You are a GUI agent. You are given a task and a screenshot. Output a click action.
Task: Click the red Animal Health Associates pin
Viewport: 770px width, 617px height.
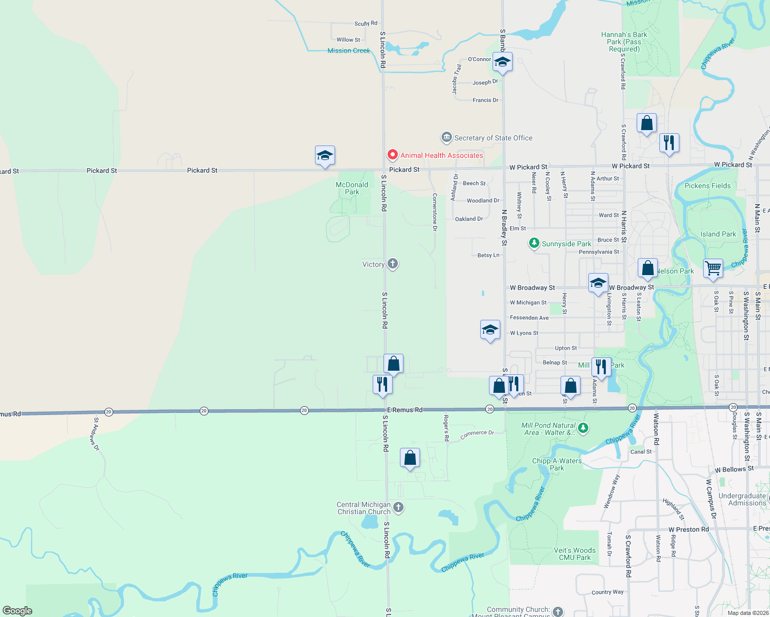coord(393,155)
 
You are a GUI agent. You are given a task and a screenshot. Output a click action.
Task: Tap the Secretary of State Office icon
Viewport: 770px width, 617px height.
coord(446,137)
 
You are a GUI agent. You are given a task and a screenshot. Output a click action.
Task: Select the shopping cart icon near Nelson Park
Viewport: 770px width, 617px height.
coord(713,268)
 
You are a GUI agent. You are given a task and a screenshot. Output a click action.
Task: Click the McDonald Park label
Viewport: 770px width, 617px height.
coord(352,188)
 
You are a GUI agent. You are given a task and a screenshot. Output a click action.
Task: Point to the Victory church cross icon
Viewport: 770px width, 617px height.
coord(393,264)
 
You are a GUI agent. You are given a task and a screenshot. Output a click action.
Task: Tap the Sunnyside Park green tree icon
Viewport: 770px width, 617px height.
coord(534,243)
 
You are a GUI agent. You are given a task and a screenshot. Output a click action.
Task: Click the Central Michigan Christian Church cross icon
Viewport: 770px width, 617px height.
coord(398,508)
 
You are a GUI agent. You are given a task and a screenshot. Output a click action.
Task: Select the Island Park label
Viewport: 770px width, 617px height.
coord(718,234)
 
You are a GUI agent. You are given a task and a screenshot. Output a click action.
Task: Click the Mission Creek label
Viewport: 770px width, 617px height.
coord(349,50)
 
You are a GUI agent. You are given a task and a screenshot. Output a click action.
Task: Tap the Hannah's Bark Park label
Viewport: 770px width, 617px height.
coord(624,42)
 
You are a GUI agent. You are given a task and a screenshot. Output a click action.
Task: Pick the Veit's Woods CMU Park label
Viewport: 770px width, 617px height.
coord(574,554)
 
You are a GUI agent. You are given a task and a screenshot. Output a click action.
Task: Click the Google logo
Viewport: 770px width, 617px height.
coord(17,611)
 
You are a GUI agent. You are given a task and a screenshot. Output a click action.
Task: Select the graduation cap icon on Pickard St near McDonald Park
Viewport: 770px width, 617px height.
coord(325,155)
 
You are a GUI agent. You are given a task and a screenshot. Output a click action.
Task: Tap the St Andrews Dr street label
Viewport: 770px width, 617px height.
coord(96,434)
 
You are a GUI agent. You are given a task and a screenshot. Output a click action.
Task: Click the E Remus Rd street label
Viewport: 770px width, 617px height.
coord(405,410)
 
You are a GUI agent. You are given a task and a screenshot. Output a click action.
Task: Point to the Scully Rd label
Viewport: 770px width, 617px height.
coord(366,23)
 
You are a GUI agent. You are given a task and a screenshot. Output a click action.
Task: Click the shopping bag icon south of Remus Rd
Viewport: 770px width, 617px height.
coord(410,457)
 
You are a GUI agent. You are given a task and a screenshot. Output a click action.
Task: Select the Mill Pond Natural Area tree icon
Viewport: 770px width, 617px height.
coord(583,428)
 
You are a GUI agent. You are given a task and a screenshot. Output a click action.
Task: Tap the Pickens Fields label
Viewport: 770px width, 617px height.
coord(707,186)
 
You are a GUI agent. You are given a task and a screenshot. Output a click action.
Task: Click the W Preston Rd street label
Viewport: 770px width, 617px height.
coord(688,529)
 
